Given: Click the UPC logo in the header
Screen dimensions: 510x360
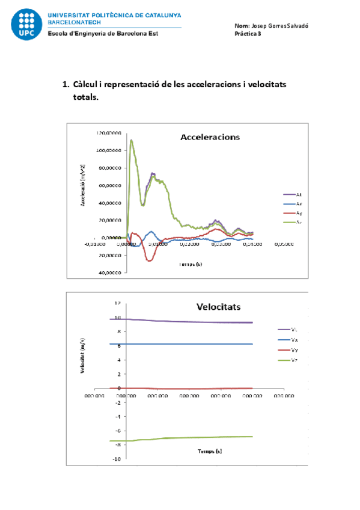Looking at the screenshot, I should tap(26, 24).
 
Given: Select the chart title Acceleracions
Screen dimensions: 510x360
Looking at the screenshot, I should tap(210, 137).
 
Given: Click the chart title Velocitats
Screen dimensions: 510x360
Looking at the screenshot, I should tap(218, 307).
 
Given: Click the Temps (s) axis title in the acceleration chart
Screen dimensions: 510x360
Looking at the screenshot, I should tap(191, 264).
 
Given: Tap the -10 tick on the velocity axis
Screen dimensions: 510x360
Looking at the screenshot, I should tap(118, 459).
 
